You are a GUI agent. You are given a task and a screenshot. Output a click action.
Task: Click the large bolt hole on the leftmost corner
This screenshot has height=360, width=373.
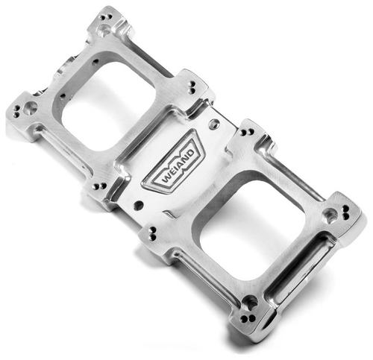(x=30, y=109)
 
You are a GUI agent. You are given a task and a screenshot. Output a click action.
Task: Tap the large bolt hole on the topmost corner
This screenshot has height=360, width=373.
(x=105, y=29)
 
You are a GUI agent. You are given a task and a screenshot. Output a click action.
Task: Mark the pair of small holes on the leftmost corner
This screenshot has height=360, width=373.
(x=17, y=114)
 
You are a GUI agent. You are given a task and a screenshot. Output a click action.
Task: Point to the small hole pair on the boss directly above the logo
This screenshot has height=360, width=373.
(x=192, y=85)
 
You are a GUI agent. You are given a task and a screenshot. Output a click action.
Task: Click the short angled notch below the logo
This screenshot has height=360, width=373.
(x=172, y=214)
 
